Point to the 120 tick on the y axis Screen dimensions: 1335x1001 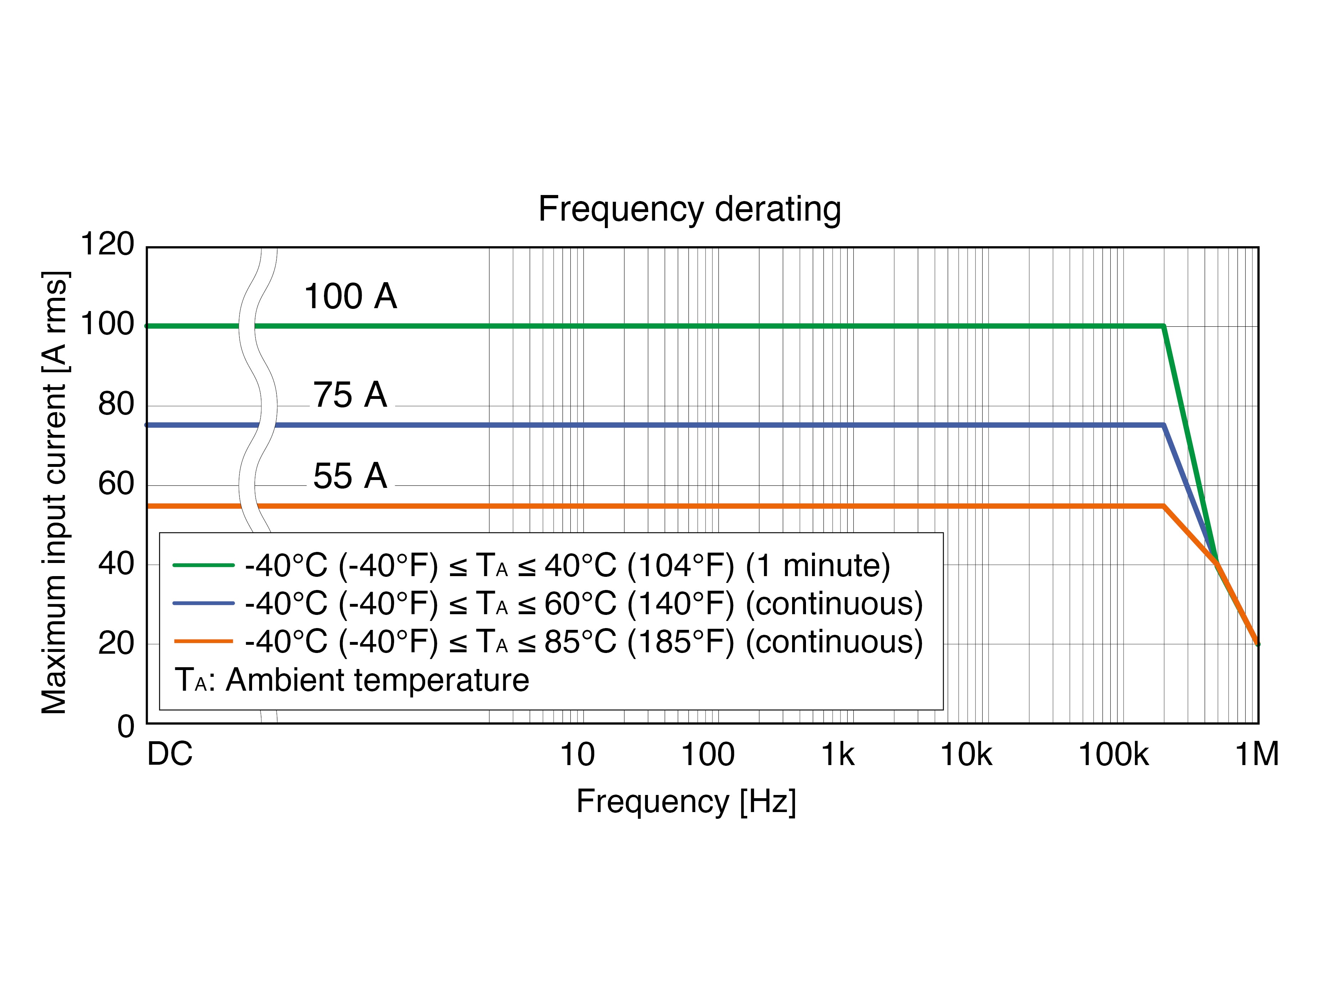(108, 244)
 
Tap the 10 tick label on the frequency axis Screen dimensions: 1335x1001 (577, 754)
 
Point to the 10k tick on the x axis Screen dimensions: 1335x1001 (966, 754)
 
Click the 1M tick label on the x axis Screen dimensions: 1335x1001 (1257, 754)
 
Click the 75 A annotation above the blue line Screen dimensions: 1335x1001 (350, 395)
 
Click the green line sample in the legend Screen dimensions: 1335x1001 (203, 565)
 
